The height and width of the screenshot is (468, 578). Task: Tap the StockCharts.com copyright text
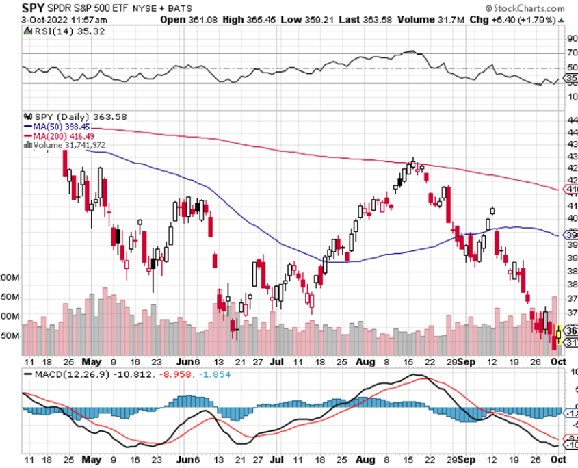[527, 9]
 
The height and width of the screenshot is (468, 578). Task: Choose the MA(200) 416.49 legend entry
[62, 136]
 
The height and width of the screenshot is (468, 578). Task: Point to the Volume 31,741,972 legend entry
[69, 145]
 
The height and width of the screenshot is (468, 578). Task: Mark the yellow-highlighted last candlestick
[559, 333]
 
